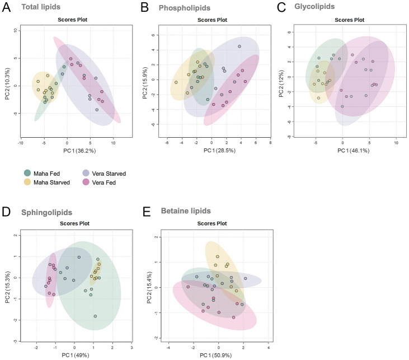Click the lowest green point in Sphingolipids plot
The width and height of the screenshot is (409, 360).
click(96, 316)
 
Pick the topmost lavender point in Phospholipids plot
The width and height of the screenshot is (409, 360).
click(239, 46)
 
